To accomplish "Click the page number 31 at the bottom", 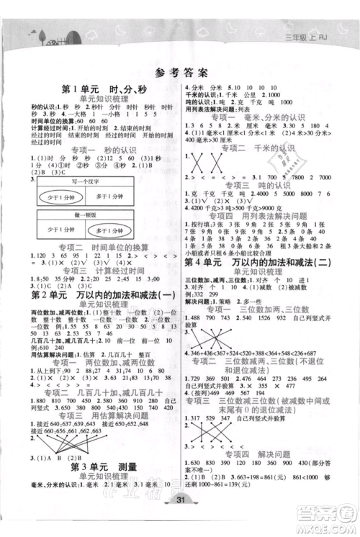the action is [x=179, y=521].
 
